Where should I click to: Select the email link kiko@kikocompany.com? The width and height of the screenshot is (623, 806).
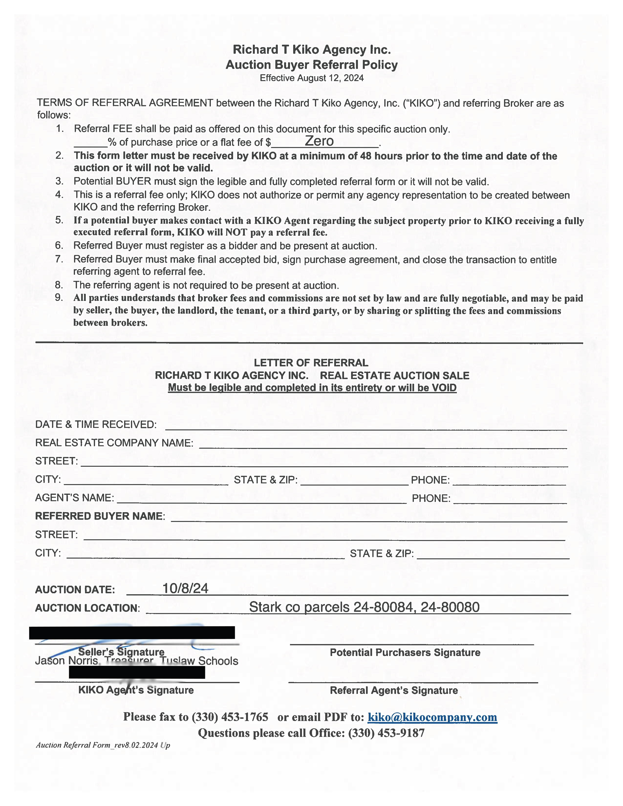[x=432, y=717]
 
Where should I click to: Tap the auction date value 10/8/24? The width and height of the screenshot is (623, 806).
[x=185, y=588]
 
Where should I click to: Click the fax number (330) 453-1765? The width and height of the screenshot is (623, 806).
[x=230, y=717]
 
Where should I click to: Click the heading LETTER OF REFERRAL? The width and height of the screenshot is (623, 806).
[x=311, y=363]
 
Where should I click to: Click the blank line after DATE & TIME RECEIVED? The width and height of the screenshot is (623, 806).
[x=365, y=426]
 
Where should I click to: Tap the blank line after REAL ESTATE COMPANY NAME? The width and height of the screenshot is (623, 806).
[x=383, y=445]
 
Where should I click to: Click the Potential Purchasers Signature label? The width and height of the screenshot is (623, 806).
[x=405, y=652]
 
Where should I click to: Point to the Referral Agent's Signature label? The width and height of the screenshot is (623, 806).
[x=394, y=690]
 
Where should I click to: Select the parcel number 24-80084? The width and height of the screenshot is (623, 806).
[x=383, y=607]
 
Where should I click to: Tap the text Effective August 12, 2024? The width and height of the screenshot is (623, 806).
[x=311, y=78]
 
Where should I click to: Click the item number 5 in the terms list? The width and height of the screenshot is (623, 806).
[x=59, y=220]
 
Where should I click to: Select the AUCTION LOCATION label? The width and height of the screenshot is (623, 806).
[x=87, y=608]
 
